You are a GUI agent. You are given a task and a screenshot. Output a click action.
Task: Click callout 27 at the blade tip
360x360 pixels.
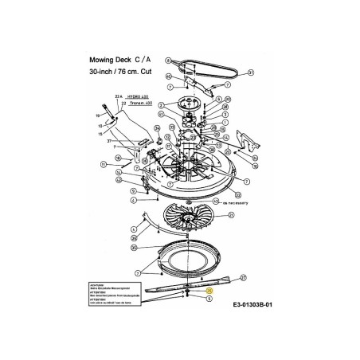tap(244, 278)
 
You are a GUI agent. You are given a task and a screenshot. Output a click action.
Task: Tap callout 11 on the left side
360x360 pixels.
tap(104, 164)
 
